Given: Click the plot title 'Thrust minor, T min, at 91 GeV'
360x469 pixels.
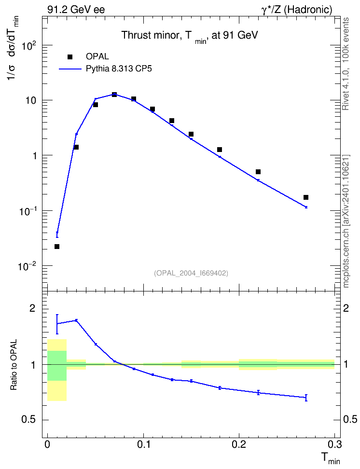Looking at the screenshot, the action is pyautogui.click(x=190, y=36).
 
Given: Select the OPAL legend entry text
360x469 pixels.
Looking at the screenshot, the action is pyautogui.click(x=97, y=56).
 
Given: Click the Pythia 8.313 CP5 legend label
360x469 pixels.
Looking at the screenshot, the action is pyautogui.click(x=119, y=69).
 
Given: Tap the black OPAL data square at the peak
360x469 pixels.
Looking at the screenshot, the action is pyautogui.click(x=114, y=95).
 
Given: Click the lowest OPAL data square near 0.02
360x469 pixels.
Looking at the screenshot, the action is pyautogui.click(x=57, y=247).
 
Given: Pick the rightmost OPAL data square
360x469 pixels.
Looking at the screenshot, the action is pyautogui.click(x=306, y=197).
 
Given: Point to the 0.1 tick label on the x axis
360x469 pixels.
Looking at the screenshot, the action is pyautogui.click(x=143, y=444).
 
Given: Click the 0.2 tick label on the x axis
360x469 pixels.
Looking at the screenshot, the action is pyautogui.click(x=239, y=444).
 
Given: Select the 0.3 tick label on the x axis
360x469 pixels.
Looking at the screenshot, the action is pyautogui.click(x=334, y=444).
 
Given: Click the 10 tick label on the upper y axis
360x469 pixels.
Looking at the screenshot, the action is pyautogui.click(x=30, y=100).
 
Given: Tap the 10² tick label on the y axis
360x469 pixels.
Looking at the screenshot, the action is pyautogui.click(x=29, y=46).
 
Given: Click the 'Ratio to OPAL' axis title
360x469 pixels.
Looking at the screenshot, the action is pyautogui.click(x=14, y=365).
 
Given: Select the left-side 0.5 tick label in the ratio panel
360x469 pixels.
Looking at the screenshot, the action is pyautogui.click(x=29, y=420).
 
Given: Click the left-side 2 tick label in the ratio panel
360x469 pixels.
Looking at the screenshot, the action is pyautogui.click(x=32, y=309).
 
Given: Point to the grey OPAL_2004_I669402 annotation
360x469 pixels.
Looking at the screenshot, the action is pyautogui.click(x=191, y=273).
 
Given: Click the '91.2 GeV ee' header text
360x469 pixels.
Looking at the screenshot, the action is pyautogui.click(x=76, y=10).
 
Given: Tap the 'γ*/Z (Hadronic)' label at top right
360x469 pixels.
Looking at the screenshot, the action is pyautogui.click(x=297, y=10).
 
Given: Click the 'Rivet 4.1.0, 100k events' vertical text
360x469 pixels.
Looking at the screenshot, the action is pyautogui.click(x=346, y=64).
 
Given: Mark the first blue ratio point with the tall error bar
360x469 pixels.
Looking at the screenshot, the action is pyautogui.click(x=57, y=324).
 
